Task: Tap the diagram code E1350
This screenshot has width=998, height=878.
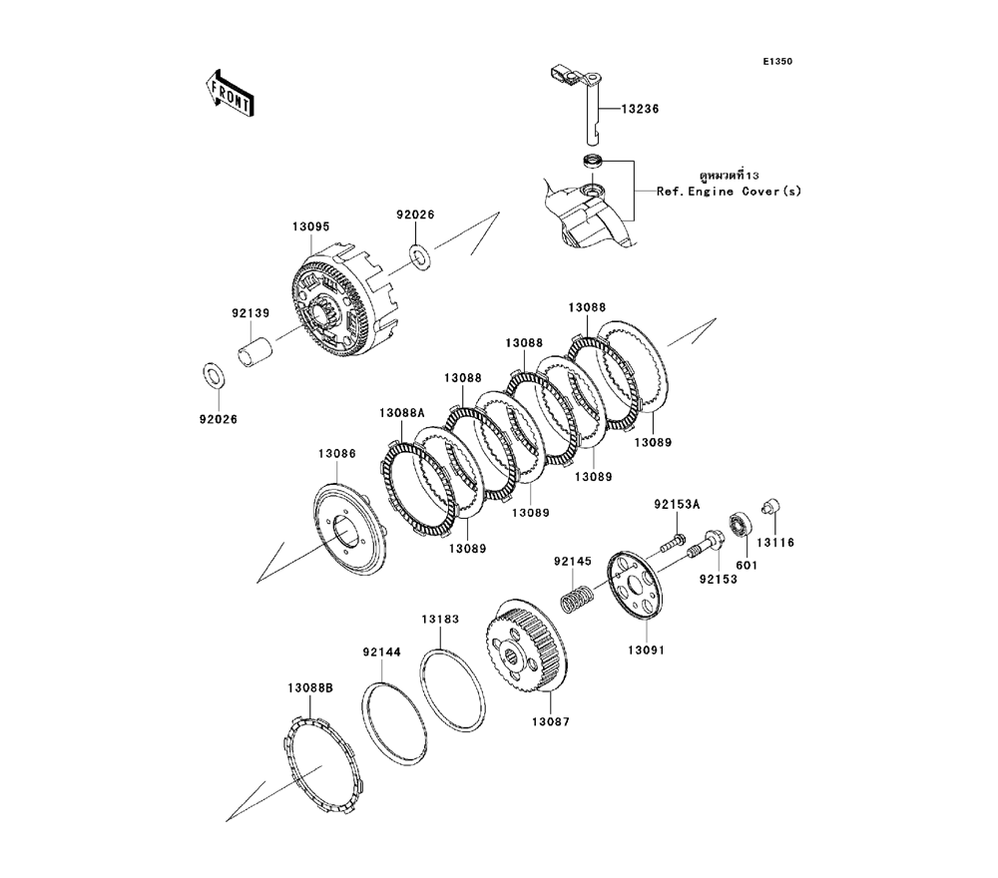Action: click(x=777, y=62)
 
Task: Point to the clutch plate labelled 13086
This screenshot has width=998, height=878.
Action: click(x=349, y=535)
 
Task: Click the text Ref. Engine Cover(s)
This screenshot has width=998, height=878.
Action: click(x=729, y=191)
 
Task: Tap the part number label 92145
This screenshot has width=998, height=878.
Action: click(x=574, y=561)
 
